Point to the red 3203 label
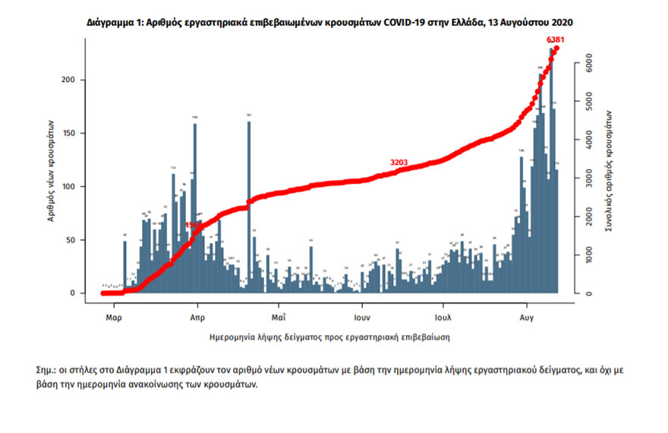pyautogui.click(x=400, y=163)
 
